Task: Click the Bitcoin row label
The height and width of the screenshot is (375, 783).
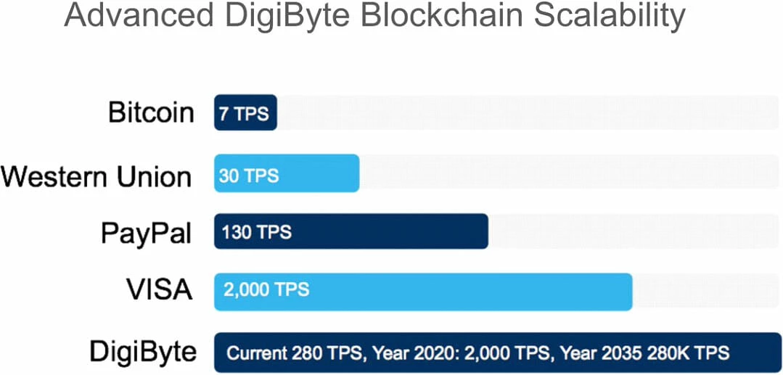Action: point(151,112)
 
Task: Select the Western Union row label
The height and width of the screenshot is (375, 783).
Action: point(97,176)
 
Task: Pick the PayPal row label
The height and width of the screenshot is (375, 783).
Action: point(146,233)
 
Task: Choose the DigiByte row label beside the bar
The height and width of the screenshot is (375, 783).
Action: point(142,352)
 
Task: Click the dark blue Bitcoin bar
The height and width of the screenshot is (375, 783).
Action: point(245,112)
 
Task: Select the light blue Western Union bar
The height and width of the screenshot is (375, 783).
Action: point(319,173)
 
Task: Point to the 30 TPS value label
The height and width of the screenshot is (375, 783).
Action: point(248,176)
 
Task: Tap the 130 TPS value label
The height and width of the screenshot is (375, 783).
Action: point(256,233)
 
